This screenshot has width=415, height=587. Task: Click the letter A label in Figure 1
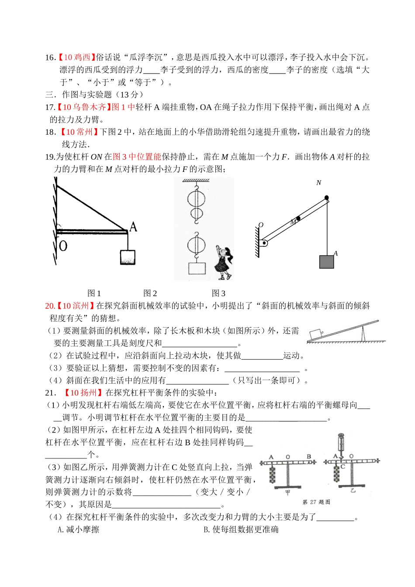[x=133, y=227]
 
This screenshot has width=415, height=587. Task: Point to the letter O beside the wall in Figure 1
[x=63, y=246]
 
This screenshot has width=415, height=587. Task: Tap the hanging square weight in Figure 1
[x=128, y=257]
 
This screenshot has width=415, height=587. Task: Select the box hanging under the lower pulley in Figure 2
[x=197, y=268]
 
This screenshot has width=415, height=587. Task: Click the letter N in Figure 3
[x=318, y=183]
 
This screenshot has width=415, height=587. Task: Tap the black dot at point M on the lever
[x=298, y=218]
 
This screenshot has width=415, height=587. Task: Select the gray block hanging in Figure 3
[x=326, y=262]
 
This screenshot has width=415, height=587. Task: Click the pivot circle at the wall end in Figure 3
[x=264, y=243]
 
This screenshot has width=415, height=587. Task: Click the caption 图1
[x=94, y=293]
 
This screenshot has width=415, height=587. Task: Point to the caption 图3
[x=218, y=293]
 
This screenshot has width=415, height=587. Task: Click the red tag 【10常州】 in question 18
[x=79, y=132]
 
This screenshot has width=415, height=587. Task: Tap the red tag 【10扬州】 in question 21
[x=83, y=393]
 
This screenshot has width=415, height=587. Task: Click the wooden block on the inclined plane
[x=315, y=334]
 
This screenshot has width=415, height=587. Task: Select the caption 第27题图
[x=316, y=502]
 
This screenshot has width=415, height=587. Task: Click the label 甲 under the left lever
[x=288, y=492]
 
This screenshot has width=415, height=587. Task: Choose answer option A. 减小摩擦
[x=79, y=530]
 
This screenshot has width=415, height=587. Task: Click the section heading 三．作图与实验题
[x=94, y=94]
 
